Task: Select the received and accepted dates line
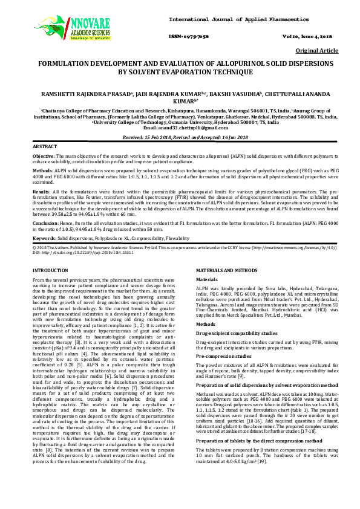tap(180, 138)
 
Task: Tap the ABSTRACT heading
tap(44, 147)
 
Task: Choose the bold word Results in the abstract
tap(42, 190)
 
